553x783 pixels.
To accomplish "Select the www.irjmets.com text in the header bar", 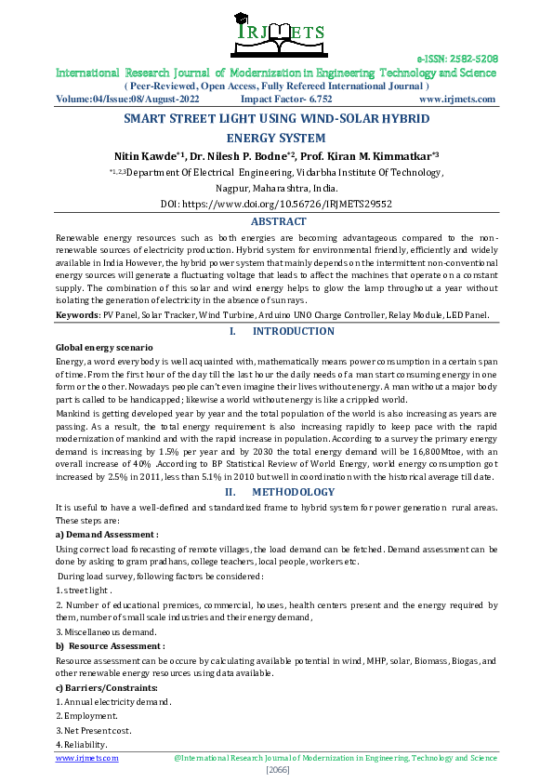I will pyautogui.click(x=457, y=99).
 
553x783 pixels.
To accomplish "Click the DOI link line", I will pyautogui.click(x=276, y=203).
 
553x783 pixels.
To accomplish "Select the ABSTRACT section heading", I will pyautogui.click(x=279, y=221).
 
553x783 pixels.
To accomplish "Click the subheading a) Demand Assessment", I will pyautogui.click(x=107, y=535).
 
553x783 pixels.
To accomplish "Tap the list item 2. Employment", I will pyautogui.click(x=87, y=716).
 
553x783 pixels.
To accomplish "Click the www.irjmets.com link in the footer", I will pyautogui.click(x=87, y=759).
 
